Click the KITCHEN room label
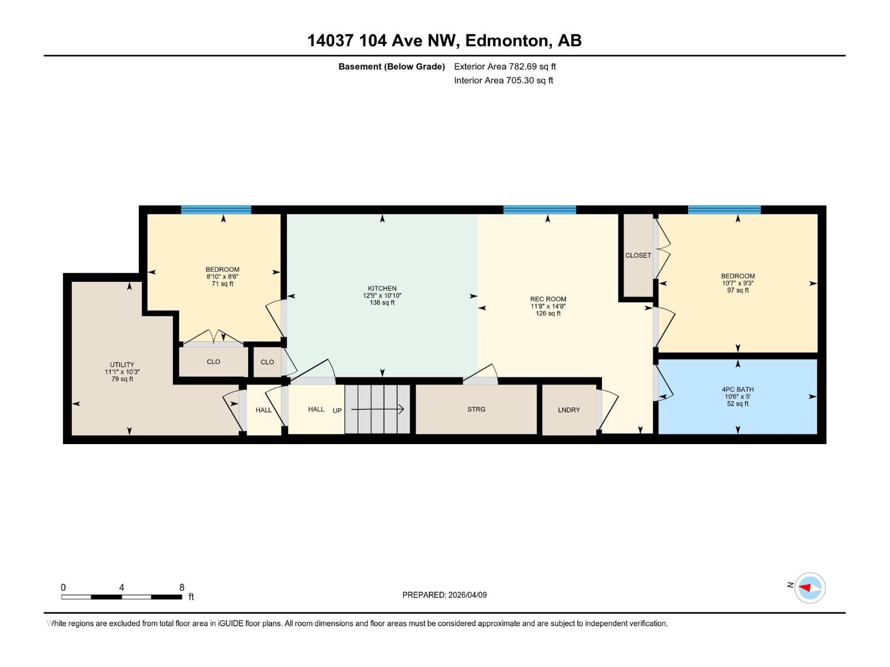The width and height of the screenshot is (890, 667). point(382,288)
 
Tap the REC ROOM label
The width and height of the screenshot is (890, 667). point(548,299)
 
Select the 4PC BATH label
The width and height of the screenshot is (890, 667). point(738,390)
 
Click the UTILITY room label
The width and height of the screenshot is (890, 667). point(122,365)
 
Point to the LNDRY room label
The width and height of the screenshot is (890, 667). point(568,410)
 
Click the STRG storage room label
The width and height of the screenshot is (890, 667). point(476,409)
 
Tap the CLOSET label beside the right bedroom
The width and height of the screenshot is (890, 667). point(638,256)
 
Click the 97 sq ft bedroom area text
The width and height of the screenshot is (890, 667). point(738,290)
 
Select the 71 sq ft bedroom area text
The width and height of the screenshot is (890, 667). point(222,283)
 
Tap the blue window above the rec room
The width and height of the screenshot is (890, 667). point(540,210)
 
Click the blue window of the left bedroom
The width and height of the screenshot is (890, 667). point(216,210)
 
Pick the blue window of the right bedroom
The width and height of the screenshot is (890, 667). point(724,210)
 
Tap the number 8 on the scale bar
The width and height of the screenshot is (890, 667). point(182,588)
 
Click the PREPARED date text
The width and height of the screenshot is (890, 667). point(444,595)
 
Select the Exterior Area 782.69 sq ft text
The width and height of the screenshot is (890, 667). point(505,67)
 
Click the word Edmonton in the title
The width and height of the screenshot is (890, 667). point(507,41)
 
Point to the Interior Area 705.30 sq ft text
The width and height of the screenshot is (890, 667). point(503,81)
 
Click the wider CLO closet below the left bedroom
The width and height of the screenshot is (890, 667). point(213,362)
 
